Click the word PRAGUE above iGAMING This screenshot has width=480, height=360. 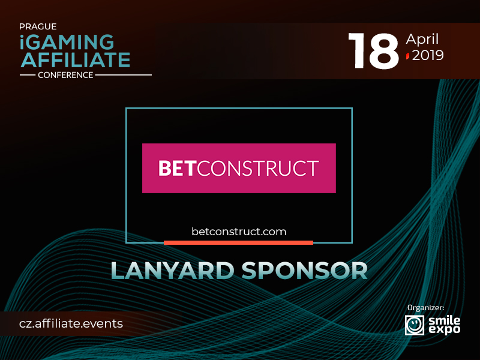point(38,26)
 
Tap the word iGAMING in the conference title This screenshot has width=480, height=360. point(67,42)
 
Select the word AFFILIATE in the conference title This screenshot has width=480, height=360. point(76,59)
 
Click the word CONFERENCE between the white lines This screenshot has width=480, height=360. point(65,75)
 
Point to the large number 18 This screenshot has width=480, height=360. point(373,51)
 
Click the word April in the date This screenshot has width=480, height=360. point(422,40)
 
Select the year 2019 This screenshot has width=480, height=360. point(428,55)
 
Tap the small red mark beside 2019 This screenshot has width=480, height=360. point(408,56)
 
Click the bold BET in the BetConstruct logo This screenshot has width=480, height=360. point(176,169)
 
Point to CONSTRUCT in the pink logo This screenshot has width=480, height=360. point(258,169)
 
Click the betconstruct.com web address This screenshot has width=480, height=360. point(239,232)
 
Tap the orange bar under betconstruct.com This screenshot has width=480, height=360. point(238,243)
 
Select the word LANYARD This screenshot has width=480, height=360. point(172,271)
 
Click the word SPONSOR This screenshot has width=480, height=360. point(305,271)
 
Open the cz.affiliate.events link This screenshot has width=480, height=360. point(71,323)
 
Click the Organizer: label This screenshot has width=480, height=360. point(425,308)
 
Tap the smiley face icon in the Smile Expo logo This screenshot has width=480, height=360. point(415,325)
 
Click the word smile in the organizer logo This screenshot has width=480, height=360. point(444,321)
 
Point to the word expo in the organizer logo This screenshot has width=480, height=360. point(444,329)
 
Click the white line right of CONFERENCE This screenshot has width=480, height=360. point(123,75)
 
